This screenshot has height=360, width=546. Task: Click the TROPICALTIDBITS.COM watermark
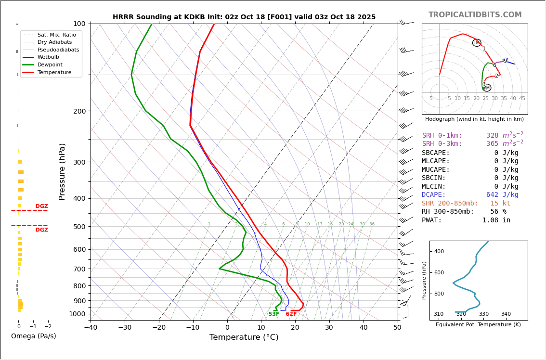tap(475, 15)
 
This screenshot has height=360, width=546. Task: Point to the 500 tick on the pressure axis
tap(79, 227)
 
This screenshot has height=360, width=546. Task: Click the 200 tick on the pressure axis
tap(79, 111)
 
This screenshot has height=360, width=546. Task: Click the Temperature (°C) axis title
tap(244, 337)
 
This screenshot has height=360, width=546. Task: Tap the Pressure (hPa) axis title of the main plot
tap(62, 171)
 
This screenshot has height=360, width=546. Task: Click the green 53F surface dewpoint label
tap(273, 314)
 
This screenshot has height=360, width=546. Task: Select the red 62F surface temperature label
tap(291, 314)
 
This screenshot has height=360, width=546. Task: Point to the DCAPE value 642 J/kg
tap(502, 195)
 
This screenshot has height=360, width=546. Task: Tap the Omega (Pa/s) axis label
tap(33, 336)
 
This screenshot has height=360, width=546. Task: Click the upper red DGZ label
tap(41, 206)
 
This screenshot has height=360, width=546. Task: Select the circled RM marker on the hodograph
tap(486, 88)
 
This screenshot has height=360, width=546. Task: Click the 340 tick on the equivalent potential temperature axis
tap(506, 314)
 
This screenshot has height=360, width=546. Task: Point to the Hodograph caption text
tap(474, 119)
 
